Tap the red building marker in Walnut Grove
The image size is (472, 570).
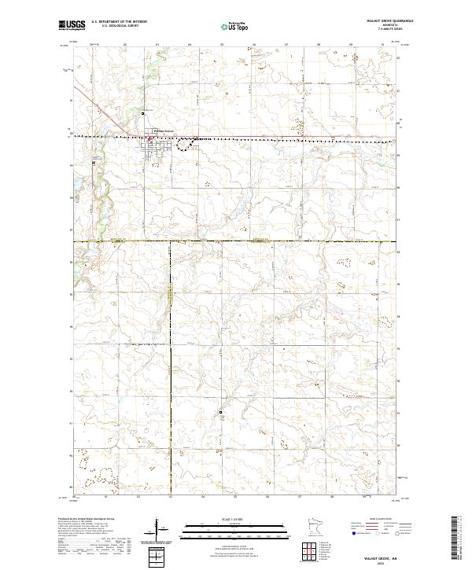click(151, 142)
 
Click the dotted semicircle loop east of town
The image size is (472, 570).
click(186, 142)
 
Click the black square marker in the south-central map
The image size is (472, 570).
click(221, 413)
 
